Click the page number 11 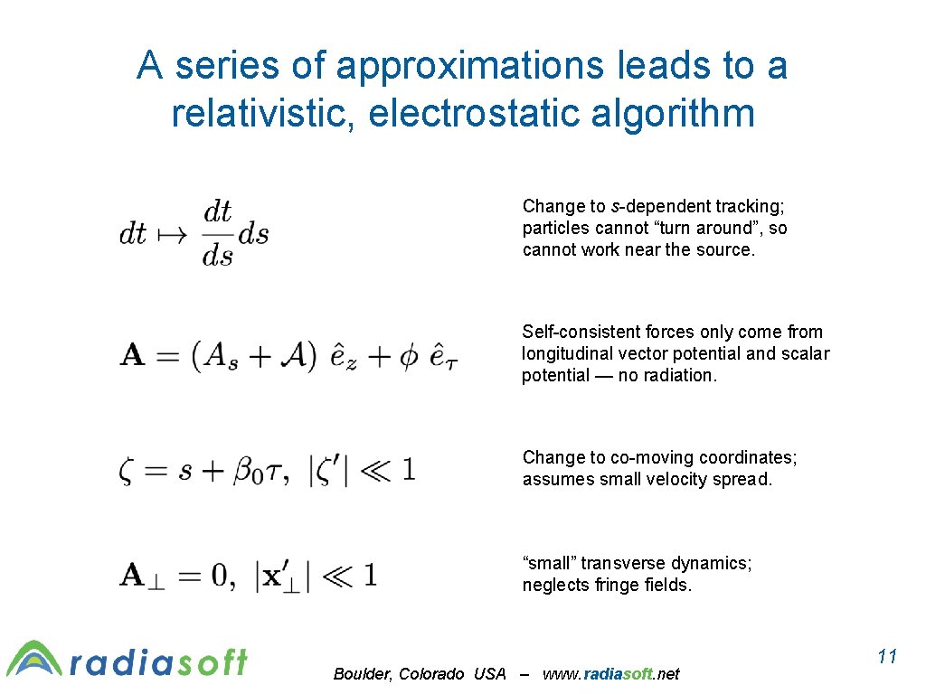click(x=887, y=656)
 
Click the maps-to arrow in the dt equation click(x=170, y=234)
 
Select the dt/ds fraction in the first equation click(x=218, y=234)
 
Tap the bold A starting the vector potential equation click(x=132, y=354)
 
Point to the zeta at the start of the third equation click(x=127, y=471)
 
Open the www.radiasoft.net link click(x=611, y=674)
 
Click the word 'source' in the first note click(x=726, y=249)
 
